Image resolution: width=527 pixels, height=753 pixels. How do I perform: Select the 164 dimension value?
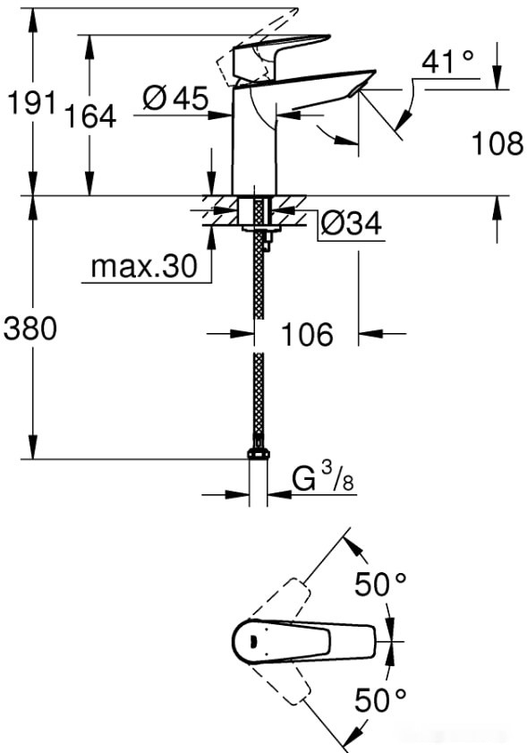tap(89, 116)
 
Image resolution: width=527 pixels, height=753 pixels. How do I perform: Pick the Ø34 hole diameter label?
tap(350, 224)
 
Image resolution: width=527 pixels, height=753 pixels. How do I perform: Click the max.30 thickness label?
tap(143, 267)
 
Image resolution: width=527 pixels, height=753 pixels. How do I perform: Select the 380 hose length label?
tap(30, 329)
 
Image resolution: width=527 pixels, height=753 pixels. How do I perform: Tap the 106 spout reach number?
tap(307, 335)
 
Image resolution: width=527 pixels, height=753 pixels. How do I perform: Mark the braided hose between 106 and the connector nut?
tap(259, 394)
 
